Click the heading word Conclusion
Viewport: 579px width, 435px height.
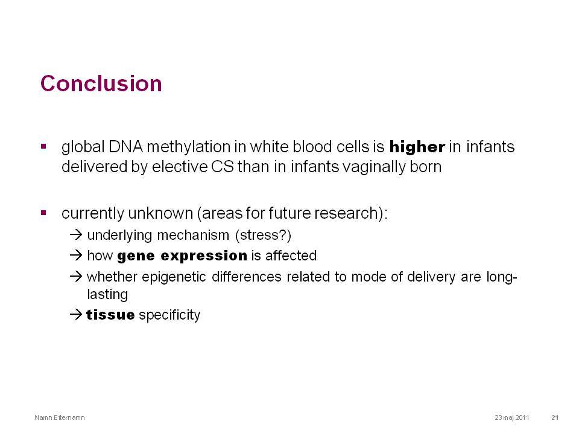click(101, 83)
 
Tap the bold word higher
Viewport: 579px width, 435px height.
click(417, 147)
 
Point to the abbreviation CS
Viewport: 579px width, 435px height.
click(223, 167)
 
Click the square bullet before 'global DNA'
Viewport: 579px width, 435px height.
click(43, 146)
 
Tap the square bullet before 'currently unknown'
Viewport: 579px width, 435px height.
click(43, 213)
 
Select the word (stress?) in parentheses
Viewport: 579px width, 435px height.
click(263, 235)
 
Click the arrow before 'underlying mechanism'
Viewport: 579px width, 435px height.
click(76, 234)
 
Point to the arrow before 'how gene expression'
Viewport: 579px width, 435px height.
click(76, 255)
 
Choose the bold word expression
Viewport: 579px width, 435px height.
click(204, 256)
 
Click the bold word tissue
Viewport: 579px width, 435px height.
click(110, 315)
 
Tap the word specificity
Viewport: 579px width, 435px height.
click(169, 315)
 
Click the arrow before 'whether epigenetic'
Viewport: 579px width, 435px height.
click(76, 276)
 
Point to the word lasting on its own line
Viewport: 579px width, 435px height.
click(107, 294)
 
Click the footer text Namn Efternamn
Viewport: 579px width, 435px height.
click(60, 417)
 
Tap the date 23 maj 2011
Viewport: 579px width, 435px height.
click(512, 417)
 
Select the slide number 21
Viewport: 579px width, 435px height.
click(555, 417)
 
